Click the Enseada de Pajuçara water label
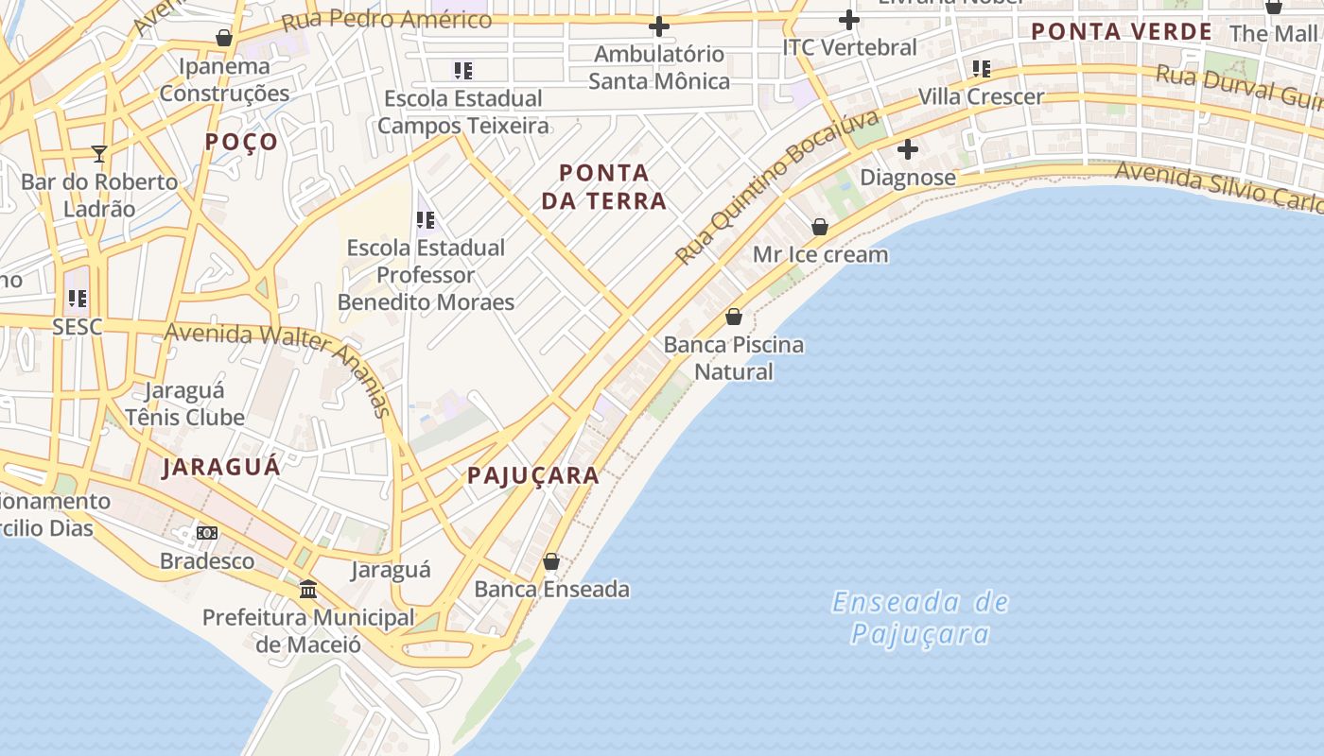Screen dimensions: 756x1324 coord(920,617)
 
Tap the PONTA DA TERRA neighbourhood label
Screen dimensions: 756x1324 coord(612,186)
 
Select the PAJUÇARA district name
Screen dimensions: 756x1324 coord(533,475)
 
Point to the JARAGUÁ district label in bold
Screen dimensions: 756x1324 coord(221,467)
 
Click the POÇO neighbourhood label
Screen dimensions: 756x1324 coord(242,142)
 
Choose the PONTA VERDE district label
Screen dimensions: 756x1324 coord(1121,31)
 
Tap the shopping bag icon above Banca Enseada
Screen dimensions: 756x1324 coord(551,561)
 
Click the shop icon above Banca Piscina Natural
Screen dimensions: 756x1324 coord(733,317)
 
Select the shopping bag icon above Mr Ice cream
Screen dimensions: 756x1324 coord(820,227)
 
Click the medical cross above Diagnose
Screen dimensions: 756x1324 coord(907,149)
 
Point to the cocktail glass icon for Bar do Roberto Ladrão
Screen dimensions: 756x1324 coord(99,153)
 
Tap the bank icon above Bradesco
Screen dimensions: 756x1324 coord(207,533)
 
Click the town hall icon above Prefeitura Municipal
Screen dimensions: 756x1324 coord(308,590)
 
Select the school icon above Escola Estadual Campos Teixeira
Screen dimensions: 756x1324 coord(462,70)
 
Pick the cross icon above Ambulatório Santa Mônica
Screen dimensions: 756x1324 coord(659,26)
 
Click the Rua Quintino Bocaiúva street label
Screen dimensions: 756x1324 coord(777,187)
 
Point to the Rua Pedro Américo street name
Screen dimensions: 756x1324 coord(388,19)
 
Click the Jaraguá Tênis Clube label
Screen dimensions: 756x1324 coord(184,404)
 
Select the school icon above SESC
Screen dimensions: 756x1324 coord(78,299)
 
